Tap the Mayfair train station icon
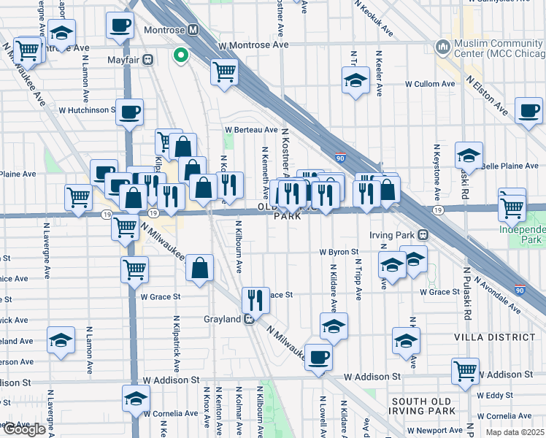147,59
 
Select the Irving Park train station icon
423,235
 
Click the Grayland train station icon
249,319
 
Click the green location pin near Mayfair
180,55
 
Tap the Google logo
23,429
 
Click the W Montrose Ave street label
253,45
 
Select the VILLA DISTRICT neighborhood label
494,337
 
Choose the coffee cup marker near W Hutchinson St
129,112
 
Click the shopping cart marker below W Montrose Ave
224,71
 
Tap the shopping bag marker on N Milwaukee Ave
199,267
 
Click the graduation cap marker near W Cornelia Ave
135,399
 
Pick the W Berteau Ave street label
251,130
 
